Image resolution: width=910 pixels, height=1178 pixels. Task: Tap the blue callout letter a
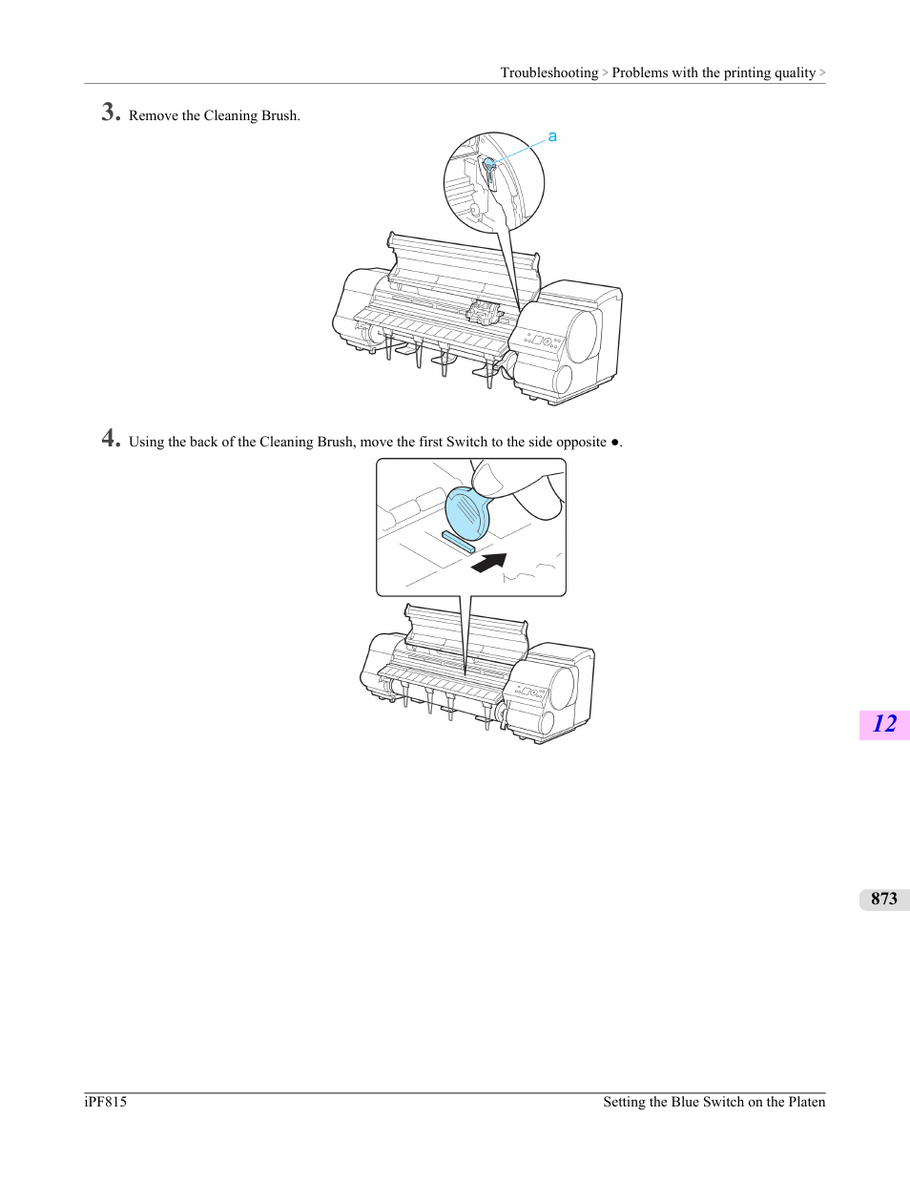point(551,136)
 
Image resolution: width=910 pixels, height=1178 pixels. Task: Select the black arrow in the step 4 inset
point(489,562)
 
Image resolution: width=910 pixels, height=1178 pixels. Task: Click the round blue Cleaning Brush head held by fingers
point(467,513)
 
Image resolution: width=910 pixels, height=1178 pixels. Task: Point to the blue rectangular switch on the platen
point(459,541)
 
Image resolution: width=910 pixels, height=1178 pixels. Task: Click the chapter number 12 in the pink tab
point(884,724)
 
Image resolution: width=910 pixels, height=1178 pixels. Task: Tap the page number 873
point(884,899)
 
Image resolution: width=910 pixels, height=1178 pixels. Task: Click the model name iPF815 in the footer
point(105,1102)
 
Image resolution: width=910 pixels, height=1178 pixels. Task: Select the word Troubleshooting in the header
point(549,72)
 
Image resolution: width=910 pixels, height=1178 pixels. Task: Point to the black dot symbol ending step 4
point(614,442)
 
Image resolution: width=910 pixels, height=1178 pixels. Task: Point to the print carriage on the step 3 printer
point(484,313)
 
